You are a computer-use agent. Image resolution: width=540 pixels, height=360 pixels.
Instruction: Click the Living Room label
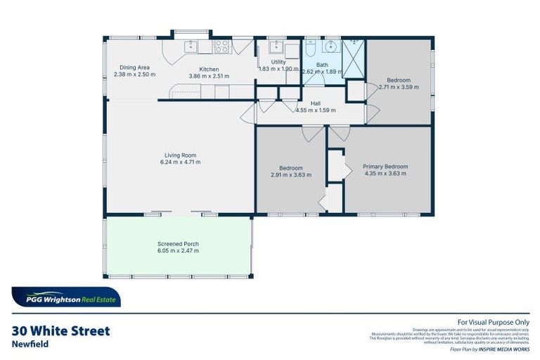[x=180, y=155]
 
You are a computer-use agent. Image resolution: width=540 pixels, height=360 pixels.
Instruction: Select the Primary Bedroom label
[x=385, y=167]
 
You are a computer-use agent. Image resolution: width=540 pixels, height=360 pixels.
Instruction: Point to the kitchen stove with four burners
[x=222, y=47]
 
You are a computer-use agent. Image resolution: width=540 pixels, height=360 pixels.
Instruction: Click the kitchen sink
[x=191, y=46]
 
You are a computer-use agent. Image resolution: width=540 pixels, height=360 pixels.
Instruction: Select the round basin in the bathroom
[x=330, y=48]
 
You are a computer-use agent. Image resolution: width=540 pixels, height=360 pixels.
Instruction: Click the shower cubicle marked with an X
[x=354, y=53]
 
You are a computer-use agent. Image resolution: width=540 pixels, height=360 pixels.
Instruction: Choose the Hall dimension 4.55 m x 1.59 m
[x=316, y=110]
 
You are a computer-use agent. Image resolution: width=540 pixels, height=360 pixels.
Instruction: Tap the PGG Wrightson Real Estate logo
[x=65, y=297]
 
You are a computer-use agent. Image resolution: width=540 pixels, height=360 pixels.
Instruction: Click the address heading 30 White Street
[x=61, y=331]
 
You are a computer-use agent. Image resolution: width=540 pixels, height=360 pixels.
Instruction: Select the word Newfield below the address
[x=29, y=345]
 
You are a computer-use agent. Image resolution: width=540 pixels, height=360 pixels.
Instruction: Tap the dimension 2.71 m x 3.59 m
[x=398, y=87]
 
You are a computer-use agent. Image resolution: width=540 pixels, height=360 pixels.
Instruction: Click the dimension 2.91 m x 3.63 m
[x=291, y=175]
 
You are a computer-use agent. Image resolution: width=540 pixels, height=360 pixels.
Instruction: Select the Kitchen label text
[x=209, y=69]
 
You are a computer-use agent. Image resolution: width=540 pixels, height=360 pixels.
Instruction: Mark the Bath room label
[x=321, y=65]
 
